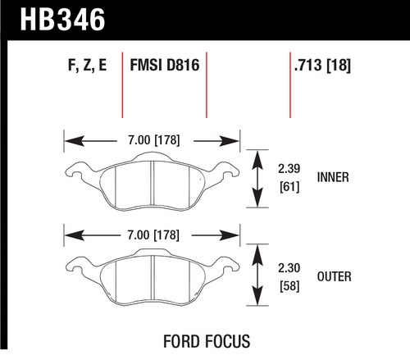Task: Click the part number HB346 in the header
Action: tap(62, 20)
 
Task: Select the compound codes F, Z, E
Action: tap(87, 66)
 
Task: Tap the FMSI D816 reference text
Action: tap(165, 66)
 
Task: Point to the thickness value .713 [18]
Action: tap(322, 66)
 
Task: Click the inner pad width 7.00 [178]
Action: tap(154, 140)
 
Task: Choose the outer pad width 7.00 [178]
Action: tap(153, 235)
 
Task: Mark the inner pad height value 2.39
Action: tap(289, 168)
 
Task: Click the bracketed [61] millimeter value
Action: tap(289, 187)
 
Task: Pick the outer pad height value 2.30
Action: tap(289, 268)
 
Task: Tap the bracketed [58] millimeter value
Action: tap(289, 286)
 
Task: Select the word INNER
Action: tap(333, 177)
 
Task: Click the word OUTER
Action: tap(335, 276)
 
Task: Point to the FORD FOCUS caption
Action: tap(207, 341)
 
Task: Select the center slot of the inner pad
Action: tap(153, 183)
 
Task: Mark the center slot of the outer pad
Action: tap(153, 278)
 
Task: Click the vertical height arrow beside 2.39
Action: tap(257, 179)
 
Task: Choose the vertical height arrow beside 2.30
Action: tap(257, 275)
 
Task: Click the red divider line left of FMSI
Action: tap(122, 84)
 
